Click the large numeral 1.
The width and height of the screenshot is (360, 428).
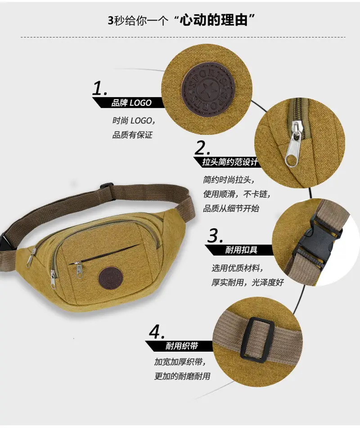coord(99,88)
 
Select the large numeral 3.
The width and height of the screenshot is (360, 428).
coord(215,236)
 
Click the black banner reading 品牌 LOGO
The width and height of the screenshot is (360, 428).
coord(128,103)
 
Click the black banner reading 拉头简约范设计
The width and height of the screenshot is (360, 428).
coord(226,162)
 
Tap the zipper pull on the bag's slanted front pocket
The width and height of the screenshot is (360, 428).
coord(78,270)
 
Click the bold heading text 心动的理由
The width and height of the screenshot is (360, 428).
coord(214,20)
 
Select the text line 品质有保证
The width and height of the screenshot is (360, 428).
coord(132,135)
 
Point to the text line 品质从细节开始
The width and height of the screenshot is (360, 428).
coord(231,209)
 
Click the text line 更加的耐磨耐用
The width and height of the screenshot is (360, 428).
coord(182,376)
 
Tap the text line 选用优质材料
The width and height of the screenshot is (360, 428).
coord(237,268)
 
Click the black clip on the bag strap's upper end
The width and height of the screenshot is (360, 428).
coord(107,186)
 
